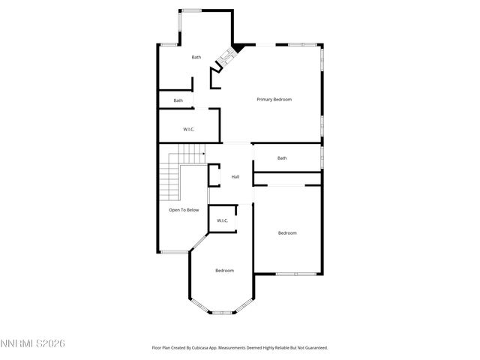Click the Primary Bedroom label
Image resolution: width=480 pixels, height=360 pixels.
(274, 100)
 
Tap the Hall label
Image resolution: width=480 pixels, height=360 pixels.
(235, 177)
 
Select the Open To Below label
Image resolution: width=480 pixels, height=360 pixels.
(183, 210)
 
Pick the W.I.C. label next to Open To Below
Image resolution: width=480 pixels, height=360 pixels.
(222, 220)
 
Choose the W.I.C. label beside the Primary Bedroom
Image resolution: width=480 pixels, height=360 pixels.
(189, 130)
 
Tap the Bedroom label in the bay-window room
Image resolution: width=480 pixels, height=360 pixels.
(224, 270)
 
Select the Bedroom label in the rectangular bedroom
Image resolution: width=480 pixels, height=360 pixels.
(287, 233)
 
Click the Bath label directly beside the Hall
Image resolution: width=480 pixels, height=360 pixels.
(282, 158)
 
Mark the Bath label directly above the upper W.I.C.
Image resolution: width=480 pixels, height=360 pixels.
(178, 100)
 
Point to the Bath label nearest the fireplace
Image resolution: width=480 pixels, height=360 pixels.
(196, 57)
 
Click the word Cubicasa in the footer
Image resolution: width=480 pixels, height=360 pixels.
(211, 348)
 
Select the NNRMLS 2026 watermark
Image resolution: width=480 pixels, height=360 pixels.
(33, 343)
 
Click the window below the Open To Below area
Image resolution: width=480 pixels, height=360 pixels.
(174, 252)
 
